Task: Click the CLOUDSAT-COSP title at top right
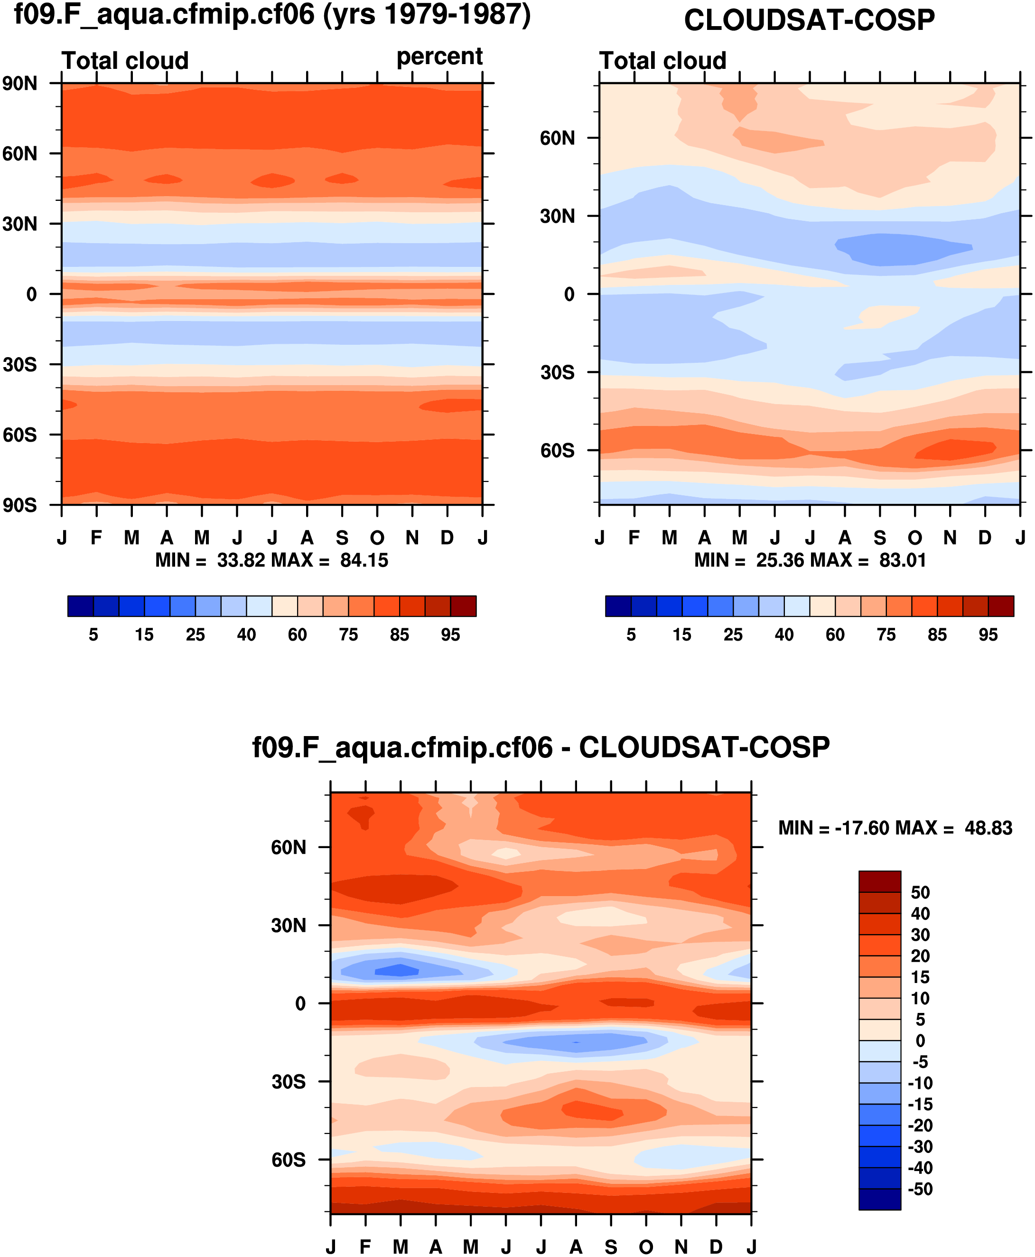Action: (x=809, y=20)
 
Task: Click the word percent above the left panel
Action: (x=439, y=57)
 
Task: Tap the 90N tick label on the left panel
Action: (x=19, y=84)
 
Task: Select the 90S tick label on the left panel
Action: (x=19, y=505)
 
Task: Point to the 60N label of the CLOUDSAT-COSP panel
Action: (x=558, y=138)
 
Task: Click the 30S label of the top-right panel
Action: (x=558, y=373)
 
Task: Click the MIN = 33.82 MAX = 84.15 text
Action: (x=271, y=560)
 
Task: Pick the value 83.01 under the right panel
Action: (x=903, y=560)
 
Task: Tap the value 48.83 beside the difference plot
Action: (x=988, y=828)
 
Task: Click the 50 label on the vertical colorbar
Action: (x=920, y=892)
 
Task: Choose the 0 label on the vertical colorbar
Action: (x=921, y=1040)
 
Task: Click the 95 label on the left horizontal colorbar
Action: (x=450, y=635)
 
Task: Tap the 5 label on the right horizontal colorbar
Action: (x=631, y=635)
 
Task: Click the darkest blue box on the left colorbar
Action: (x=81, y=606)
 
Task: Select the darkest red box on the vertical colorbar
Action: (x=879, y=881)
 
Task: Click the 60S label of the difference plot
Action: (x=289, y=1160)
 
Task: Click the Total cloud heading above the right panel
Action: (x=662, y=61)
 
